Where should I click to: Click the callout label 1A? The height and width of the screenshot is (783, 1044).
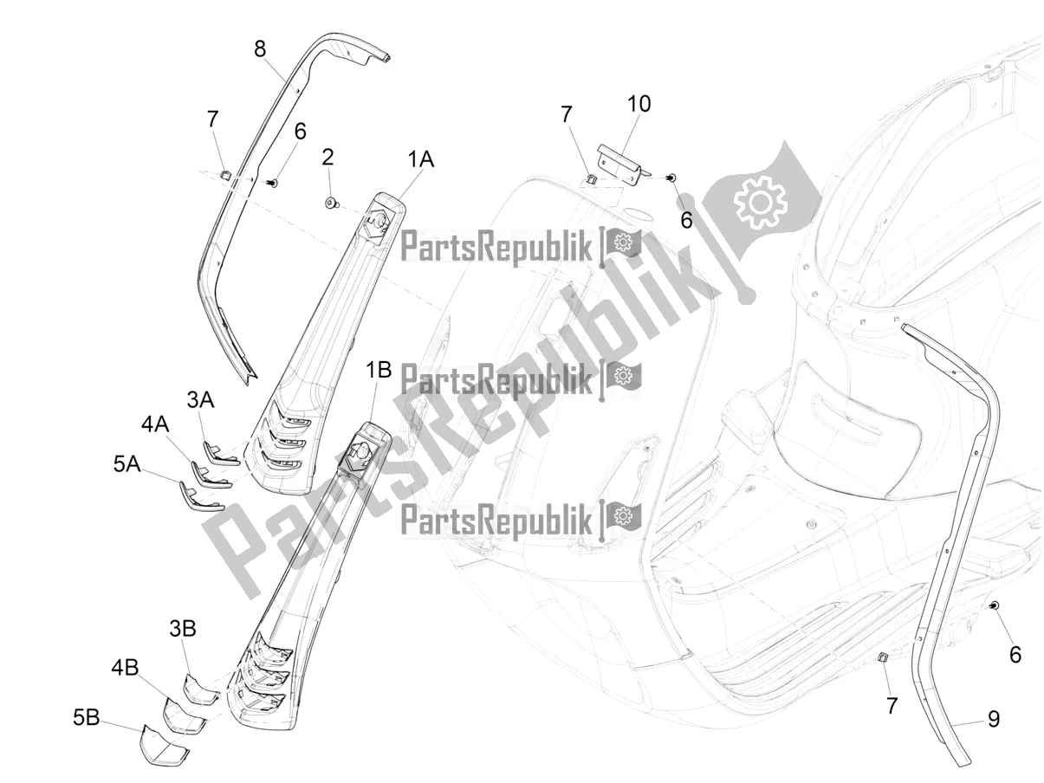click(x=420, y=159)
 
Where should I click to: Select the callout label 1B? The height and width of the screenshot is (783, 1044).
click(x=379, y=369)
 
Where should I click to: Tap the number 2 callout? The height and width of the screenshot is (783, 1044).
click(x=327, y=158)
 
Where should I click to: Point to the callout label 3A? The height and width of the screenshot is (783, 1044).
click(x=200, y=400)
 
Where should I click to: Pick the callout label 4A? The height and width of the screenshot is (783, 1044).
click(x=155, y=424)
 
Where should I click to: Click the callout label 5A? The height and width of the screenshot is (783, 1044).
click(x=127, y=463)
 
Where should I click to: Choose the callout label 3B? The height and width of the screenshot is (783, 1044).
click(x=183, y=629)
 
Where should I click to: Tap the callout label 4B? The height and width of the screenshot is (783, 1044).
click(x=125, y=668)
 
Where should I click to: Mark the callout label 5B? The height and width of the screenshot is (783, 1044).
click(x=86, y=717)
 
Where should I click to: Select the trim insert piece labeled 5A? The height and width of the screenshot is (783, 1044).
click(x=200, y=498)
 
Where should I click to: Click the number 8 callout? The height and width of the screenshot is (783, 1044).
click(x=260, y=49)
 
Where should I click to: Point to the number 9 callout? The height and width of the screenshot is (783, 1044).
click(x=994, y=719)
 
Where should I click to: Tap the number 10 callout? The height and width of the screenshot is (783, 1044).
click(x=639, y=104)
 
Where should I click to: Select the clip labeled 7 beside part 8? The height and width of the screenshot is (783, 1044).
click(x=226, y=174)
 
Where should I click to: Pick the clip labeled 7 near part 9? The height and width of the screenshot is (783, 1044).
click(x=882, y=657)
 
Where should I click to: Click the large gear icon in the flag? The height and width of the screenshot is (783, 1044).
click(x=761, y=202)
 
